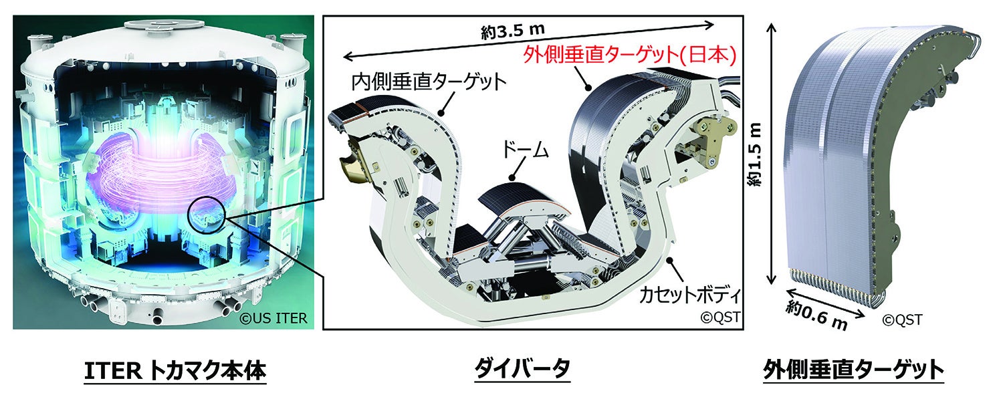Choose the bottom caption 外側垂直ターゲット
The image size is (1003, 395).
pos(853,370)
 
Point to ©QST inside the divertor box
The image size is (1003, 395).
pos(719,317)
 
